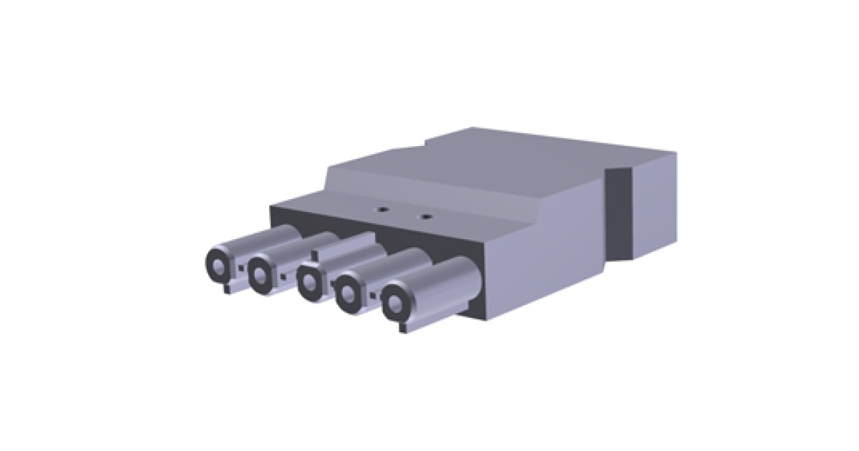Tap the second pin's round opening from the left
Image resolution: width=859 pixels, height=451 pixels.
coord(261,272)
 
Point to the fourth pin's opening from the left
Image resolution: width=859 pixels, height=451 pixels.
coord(349,291)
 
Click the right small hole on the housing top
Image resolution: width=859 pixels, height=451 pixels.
coord(427,214)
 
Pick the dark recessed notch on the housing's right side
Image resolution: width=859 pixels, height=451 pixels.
coord(618,215)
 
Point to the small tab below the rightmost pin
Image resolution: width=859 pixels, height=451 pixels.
coord(402,327)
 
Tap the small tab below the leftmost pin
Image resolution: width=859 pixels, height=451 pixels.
coord(228,289)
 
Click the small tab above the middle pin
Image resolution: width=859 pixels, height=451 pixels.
coord(316,252)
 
